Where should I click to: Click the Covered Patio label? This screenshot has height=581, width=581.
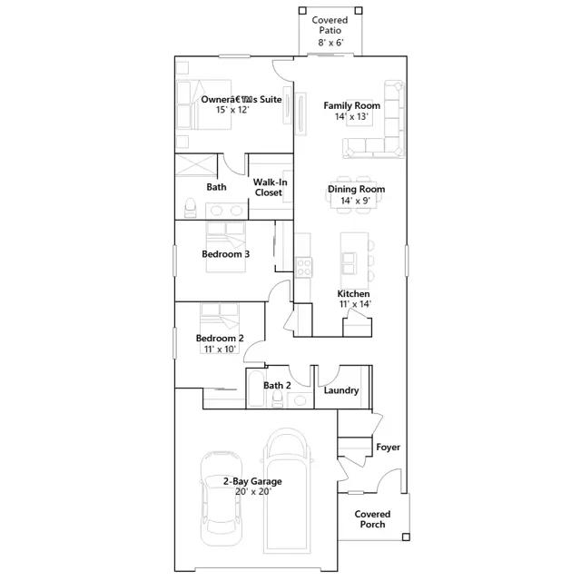click(330, 25)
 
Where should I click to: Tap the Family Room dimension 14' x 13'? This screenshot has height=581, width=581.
click(351, 117)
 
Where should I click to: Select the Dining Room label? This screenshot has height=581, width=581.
click(356, 190)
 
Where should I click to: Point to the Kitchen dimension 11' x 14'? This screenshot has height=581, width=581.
click(355, 304)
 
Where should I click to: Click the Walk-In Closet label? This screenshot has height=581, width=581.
click(271, 188)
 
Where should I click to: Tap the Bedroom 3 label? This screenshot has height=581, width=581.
click(226, 254)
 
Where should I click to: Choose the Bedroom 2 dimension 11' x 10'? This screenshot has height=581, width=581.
click(220, 349)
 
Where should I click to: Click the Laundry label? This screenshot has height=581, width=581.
click(341, 390)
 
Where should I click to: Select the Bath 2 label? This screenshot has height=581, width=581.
click(277, 385)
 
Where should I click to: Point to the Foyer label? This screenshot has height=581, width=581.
click(388, 448)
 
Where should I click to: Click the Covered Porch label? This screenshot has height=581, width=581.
click(372, 519)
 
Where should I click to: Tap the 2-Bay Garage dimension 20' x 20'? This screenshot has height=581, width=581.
click(253, 492)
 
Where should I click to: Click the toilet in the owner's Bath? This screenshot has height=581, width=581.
click(190, 208)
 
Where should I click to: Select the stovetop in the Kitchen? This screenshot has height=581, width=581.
click(304, 267)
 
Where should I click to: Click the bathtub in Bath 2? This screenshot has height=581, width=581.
click(256, 389)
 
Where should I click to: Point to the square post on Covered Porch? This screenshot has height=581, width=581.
click(406, 537)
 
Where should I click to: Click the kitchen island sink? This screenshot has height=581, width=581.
click(350, 263)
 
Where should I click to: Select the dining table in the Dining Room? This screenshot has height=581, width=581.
click(354, 195)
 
